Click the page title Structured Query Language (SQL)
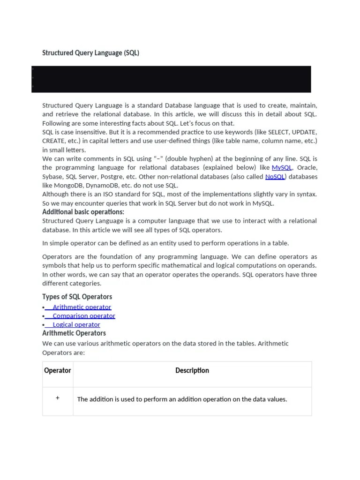(x=90, y=53)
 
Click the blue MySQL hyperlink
(x=282, y=167)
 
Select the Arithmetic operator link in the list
(x=82, y=307)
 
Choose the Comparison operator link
(x=84, y=316)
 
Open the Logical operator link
(x=76, y=324)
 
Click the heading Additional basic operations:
(x=83, y=212)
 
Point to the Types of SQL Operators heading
(x=77, y=297)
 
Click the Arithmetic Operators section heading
(x=74, y=333)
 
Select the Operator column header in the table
(x=58, y=371)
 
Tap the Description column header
(x=192, y=371)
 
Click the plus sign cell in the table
(x=58, y=398)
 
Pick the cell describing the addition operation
(x=182, y=399)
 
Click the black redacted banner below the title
(x=171, y=79)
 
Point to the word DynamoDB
(x=102, y=186)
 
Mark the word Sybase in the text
(x=52, y=177)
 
